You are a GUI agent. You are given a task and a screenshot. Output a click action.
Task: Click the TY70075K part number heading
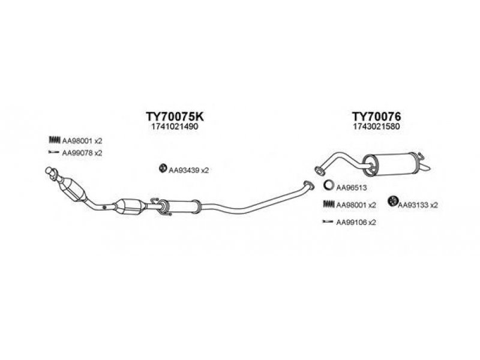click(175, 116)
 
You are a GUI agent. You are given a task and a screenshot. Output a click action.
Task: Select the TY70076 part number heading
click(376, 116)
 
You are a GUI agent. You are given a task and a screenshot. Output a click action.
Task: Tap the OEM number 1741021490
click(175, 127)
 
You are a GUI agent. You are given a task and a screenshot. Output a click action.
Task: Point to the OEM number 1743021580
click(376, 127)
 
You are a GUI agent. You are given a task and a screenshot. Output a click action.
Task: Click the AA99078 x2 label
click(82, 153)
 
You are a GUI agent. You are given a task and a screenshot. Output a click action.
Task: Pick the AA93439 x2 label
click(188, 170)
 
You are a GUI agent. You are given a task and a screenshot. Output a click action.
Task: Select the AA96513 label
click(352, 187)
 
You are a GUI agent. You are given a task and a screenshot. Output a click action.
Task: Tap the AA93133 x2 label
click(418, 205)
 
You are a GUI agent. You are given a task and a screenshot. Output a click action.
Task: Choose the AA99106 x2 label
click(356, 222)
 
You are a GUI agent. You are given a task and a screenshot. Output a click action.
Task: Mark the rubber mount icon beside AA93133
click(392, 201)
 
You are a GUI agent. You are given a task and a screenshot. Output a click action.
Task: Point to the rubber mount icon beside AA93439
click(163, 168)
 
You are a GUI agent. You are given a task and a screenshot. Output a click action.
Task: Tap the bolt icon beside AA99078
click(54, 152)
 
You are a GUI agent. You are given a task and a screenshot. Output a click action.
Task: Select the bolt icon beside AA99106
click(328, 221)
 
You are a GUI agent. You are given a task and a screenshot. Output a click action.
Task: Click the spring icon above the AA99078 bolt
click(55, 140)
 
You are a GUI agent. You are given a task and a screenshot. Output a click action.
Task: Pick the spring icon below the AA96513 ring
click(329, 204)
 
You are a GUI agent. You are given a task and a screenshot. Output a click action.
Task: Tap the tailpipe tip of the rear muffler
click(425, 167)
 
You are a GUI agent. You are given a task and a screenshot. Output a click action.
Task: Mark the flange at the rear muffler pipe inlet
click(319, 171)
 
